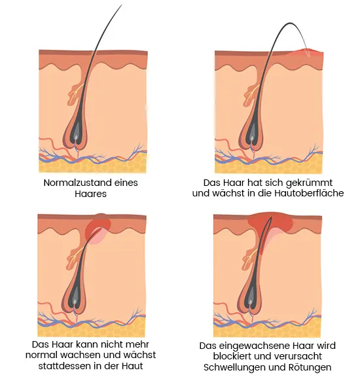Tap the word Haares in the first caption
coord(90,194)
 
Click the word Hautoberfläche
coord(309,193)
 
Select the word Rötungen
coord(310,367)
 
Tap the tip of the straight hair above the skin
coord(121,5)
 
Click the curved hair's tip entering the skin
coord(309,56)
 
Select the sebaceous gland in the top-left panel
coord(75,94)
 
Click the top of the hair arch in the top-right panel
coord(290,23)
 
